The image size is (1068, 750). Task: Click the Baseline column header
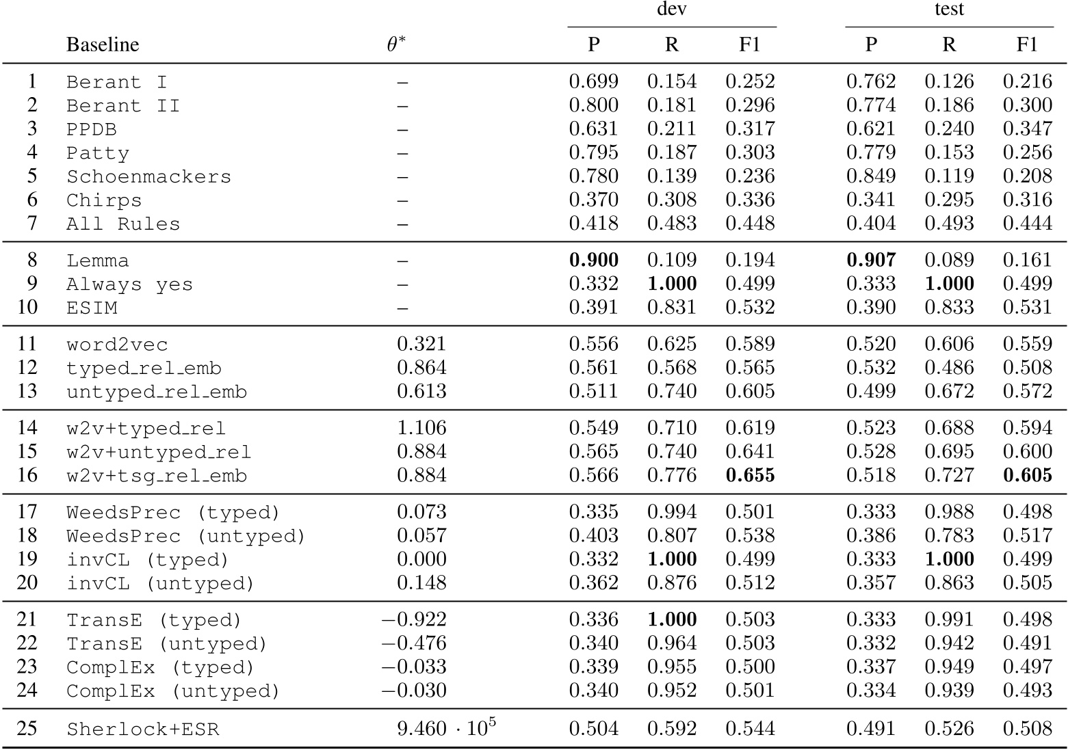tap(103, 45)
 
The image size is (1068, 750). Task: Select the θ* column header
tap(395, 45)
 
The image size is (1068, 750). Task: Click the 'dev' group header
tap(671, 10)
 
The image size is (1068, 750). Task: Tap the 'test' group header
tap(949, 10)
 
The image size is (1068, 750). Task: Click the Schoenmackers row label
tap(148, 176)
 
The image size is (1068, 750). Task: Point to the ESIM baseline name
tap(92, 308)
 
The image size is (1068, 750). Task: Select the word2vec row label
tap(117, 345)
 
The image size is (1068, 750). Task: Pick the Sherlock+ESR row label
tap(142, 729)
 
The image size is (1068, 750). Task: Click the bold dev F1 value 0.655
tap(750, 476)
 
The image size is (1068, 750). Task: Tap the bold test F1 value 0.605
tap(1027, 476)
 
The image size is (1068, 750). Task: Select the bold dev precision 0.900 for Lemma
tap(593, 260)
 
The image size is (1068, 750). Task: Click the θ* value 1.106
tap(421, 429)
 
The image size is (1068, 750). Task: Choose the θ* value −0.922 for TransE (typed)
tap(414, 620)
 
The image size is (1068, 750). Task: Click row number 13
tap(27, 392)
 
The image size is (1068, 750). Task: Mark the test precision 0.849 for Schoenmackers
tap(870, 176)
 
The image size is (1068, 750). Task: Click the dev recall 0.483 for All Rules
tap(672, 224)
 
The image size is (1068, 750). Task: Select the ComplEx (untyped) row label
tap(173, 691)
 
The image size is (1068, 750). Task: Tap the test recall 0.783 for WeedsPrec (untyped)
tap(949, 536)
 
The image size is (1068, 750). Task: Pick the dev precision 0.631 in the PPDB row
tap(593, 129)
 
